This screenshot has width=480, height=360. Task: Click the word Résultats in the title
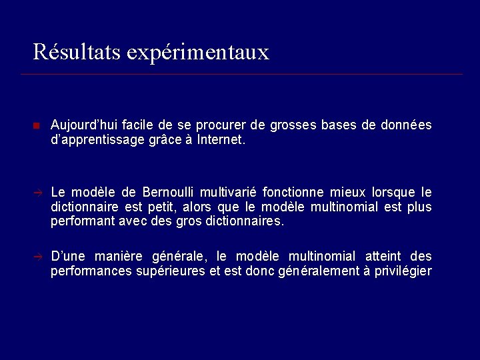[x=75, y=51]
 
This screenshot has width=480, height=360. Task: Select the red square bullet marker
[x=37, y=126]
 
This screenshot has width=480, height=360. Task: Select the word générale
[x=180, y=257]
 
